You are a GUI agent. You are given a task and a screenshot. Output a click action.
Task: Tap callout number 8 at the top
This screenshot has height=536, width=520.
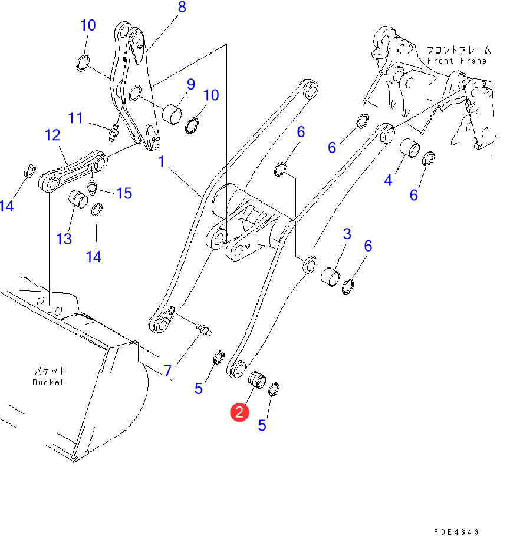click(x=182, y=7)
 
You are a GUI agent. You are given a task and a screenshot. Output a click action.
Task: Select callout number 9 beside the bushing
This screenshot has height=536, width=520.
click(x=191, y=84)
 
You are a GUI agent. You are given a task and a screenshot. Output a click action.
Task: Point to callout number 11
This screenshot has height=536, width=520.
click(x=75, y=118)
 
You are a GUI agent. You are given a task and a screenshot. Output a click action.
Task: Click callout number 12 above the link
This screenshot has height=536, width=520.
click(x=52, y=135)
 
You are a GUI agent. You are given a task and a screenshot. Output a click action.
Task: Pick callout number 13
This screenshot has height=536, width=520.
click(x=64, y=239)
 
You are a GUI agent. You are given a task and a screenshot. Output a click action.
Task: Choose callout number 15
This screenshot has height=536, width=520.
click(x=124, y=193)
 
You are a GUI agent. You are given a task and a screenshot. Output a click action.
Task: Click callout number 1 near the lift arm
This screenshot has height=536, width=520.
click(x=162, y=161)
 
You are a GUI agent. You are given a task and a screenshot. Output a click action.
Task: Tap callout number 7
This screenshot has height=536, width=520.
click(x=167, y=371)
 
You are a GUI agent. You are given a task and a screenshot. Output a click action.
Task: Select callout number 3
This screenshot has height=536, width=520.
click(x=347, y=234)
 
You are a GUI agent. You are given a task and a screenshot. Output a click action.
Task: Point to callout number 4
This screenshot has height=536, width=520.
click(x=388, y=180)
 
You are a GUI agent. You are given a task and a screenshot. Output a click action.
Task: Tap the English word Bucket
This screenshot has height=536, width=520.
click(x=48, y=382)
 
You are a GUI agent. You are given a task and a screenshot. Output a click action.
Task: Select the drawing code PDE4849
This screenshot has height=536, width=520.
click(x=456, y=531)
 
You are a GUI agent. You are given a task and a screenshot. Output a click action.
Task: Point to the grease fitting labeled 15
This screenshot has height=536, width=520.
click(x=92, y=187)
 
